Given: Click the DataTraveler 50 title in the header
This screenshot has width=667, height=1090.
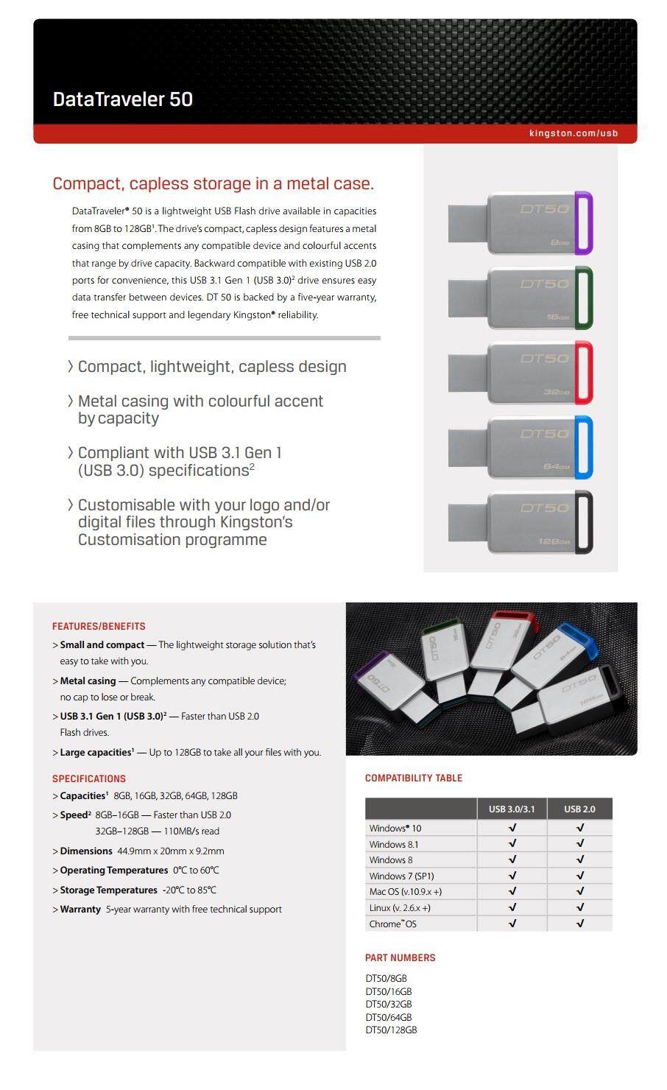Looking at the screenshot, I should tap(123, 99).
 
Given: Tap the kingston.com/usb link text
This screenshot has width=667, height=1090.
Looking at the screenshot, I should tap(573, 133).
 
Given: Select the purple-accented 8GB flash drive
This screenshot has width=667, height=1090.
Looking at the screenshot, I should tap(521, 223).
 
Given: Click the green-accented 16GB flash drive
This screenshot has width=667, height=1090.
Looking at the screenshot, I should tap(521, 298).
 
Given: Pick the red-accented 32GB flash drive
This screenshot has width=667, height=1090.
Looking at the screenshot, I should tap(521, 373).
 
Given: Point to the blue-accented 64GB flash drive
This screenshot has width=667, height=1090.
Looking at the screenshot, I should tap(521, 448).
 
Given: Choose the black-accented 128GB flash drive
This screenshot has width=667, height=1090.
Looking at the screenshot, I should tap(521, 523).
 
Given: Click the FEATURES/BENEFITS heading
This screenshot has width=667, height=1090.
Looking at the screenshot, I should tap(99, 626).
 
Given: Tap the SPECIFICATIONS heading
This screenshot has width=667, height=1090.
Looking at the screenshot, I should tap(89, 778).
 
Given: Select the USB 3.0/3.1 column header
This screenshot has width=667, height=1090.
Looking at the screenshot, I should tap(512, 809).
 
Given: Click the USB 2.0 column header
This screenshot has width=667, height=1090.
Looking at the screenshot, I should tap(579, 809).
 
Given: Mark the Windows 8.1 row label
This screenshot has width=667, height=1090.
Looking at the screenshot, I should tap(394, 844).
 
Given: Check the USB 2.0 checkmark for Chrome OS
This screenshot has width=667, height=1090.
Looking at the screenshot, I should tap(580, 924).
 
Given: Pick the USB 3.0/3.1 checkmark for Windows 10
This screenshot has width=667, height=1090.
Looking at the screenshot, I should tap(512, 828).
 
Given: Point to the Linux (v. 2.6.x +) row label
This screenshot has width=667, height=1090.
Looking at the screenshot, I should tap(400, 907).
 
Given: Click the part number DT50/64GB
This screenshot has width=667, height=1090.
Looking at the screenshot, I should tap(389, 1017).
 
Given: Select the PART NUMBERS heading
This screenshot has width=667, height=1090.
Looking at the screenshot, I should tap(400, 957).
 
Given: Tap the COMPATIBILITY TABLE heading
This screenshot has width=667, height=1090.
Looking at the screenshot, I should tap(414, 778).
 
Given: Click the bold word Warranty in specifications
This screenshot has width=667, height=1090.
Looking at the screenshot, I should tap(80, 909).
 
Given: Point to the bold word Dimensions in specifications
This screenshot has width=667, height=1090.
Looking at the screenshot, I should tap(86, 851).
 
